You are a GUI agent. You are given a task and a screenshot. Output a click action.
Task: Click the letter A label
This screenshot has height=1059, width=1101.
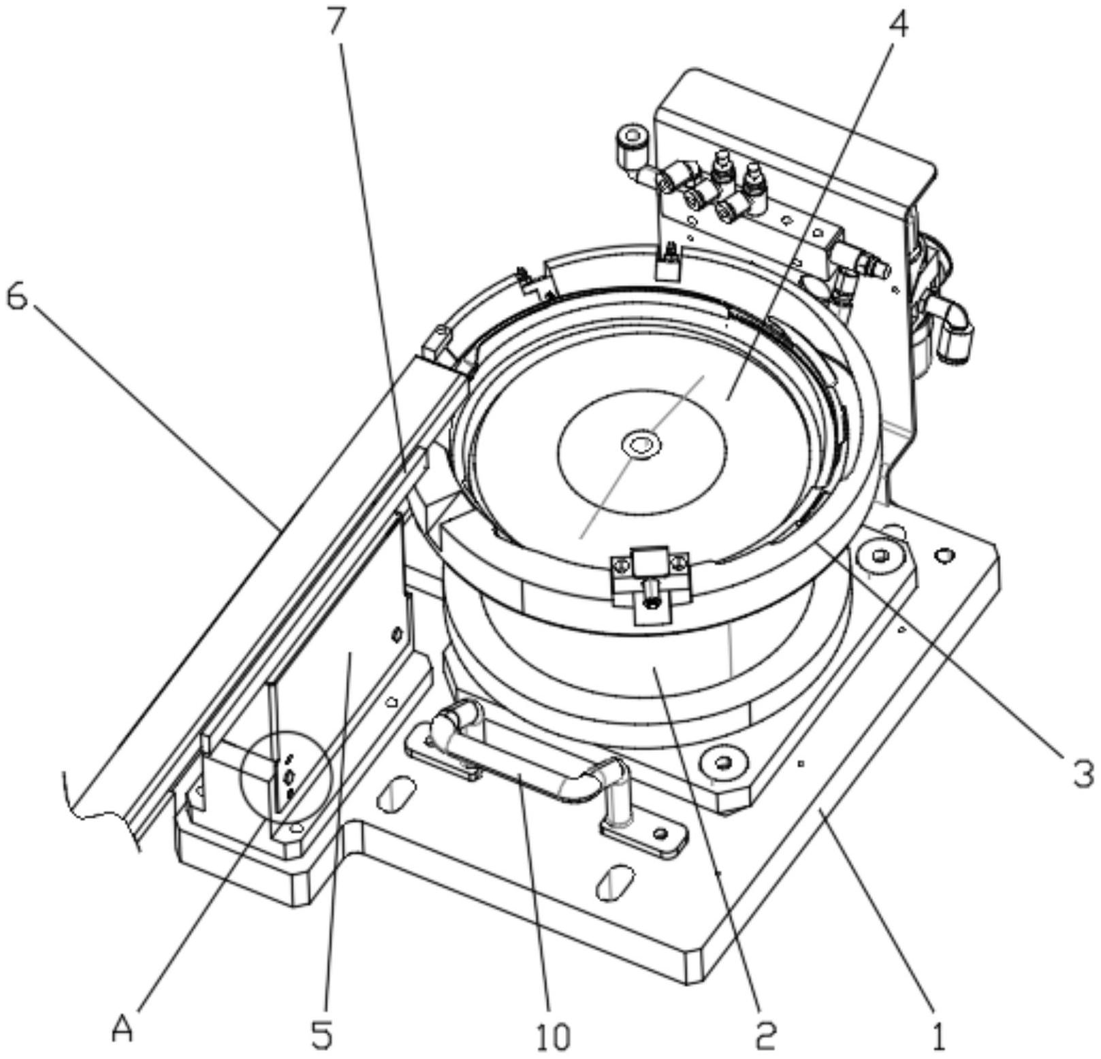(123, 1032)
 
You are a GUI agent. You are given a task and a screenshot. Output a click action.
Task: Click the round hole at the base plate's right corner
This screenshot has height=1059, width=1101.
(942, 557)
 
